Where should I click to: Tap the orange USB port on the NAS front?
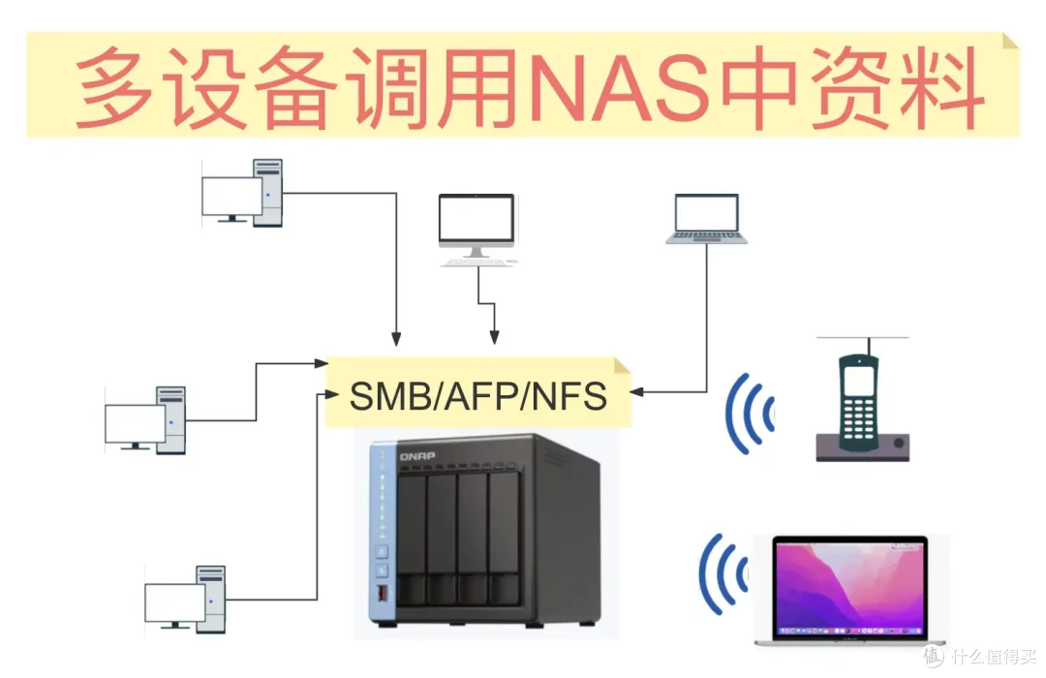(383, 591)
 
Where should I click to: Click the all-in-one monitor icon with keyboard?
(477, 229)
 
